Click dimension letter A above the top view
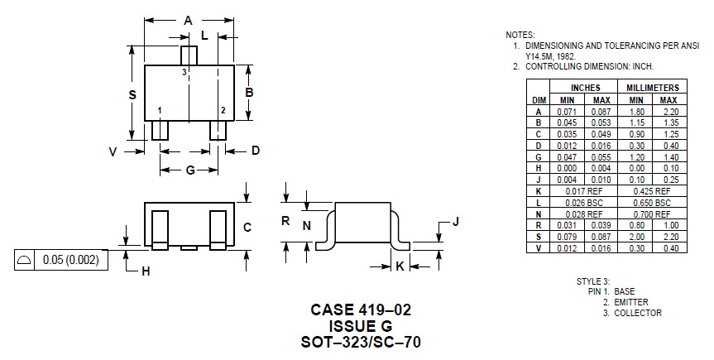pos(189,20)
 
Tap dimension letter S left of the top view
pos(132,95)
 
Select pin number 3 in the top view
pos(184,73)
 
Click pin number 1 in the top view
pos(160,110)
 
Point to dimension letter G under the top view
pos(189,170)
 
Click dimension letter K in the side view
pos(400,266)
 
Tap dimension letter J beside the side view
pos(454,222)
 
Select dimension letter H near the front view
pos(145,271)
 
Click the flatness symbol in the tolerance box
pos(25,260)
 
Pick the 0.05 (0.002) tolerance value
pos(70,260)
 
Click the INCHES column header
pos(586,88)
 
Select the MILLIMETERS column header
pos(652,88)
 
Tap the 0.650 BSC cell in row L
pos(652,203)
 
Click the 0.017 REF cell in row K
pos(586,191)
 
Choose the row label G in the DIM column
pos(538,156)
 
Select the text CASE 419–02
pos(361,310)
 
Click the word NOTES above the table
pos(520,35)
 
